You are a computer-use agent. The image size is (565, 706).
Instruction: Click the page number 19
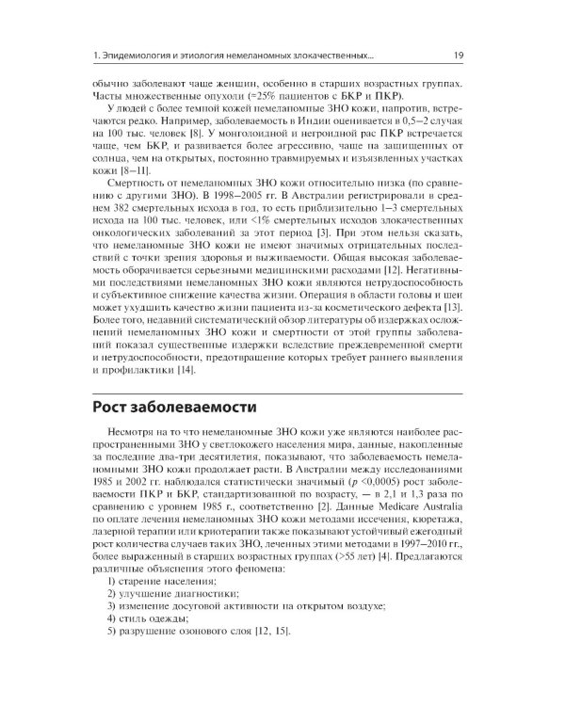click(x=457, y=55)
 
